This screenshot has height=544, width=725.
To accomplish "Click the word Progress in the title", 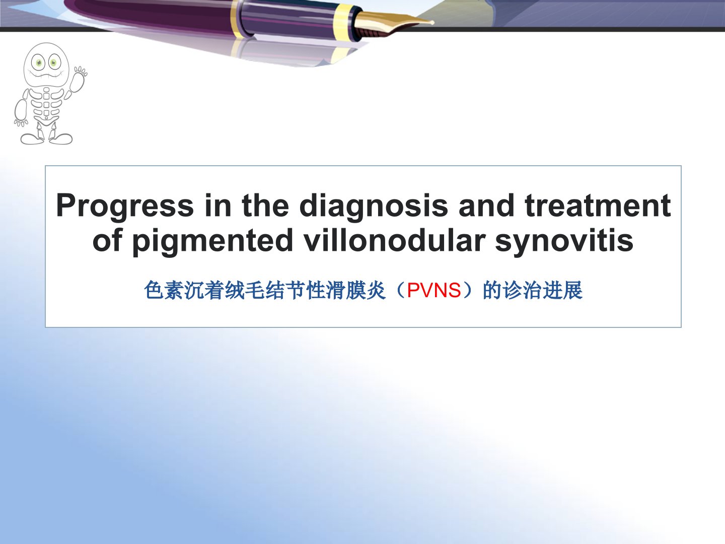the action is pos(125,207).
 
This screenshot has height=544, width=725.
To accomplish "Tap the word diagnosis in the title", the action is pos(374,207).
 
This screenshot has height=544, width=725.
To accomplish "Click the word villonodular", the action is pos(395,240).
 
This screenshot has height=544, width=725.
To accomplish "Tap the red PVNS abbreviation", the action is pos(433,291).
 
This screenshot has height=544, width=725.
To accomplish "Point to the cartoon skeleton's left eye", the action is pos(39,62).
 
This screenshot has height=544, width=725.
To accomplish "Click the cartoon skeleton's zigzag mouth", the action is pos(46,76).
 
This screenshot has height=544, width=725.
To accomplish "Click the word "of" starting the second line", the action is pos(107,240).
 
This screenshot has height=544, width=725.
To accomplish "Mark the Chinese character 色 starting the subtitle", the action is pos(154,290).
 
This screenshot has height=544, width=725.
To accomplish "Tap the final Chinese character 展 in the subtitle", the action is pos(573,290).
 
